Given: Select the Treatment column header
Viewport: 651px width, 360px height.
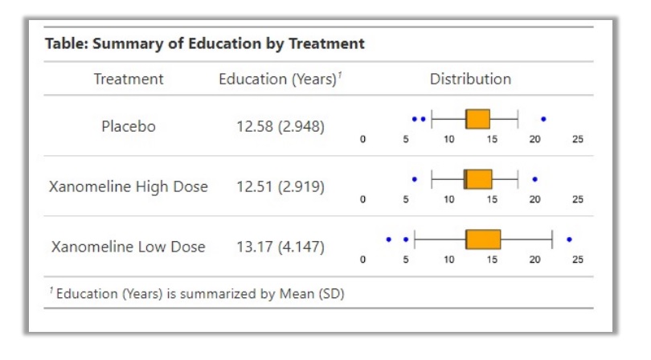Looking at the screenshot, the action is (129, 79).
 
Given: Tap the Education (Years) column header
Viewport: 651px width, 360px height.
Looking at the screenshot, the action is (280, 79).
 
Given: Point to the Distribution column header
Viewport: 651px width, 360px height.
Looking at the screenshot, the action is (470, 79).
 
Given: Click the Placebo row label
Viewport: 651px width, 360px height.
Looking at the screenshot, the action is (129, 126).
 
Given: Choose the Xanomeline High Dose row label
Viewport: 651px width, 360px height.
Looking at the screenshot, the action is (129, 187).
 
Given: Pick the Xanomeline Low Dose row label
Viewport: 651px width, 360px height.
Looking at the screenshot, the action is (129, 247).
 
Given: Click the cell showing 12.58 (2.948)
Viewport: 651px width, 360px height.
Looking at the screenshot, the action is (280, 126).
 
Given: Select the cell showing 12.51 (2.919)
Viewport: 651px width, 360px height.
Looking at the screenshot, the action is (280, 187).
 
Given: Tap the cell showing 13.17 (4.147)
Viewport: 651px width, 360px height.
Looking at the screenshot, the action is (280, 247).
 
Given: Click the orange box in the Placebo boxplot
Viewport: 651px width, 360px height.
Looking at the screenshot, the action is (478, 119).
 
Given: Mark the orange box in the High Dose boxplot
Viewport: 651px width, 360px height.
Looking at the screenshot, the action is (478, 179).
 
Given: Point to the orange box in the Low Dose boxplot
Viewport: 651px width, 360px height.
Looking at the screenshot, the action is (483, 239).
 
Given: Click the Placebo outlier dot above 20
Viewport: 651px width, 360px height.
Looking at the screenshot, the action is (543, 119).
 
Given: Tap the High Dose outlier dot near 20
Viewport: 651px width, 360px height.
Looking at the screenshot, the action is (534, 179).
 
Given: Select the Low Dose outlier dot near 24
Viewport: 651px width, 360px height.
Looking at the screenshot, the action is (569, 239).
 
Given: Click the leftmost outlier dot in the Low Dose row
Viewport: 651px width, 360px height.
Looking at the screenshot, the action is (389, 239).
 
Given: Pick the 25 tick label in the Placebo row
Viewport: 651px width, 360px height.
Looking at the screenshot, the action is (578, 139).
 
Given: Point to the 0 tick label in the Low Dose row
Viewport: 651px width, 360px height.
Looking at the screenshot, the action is (362, 260).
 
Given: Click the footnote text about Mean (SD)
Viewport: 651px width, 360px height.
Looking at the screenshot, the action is (197, 293).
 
